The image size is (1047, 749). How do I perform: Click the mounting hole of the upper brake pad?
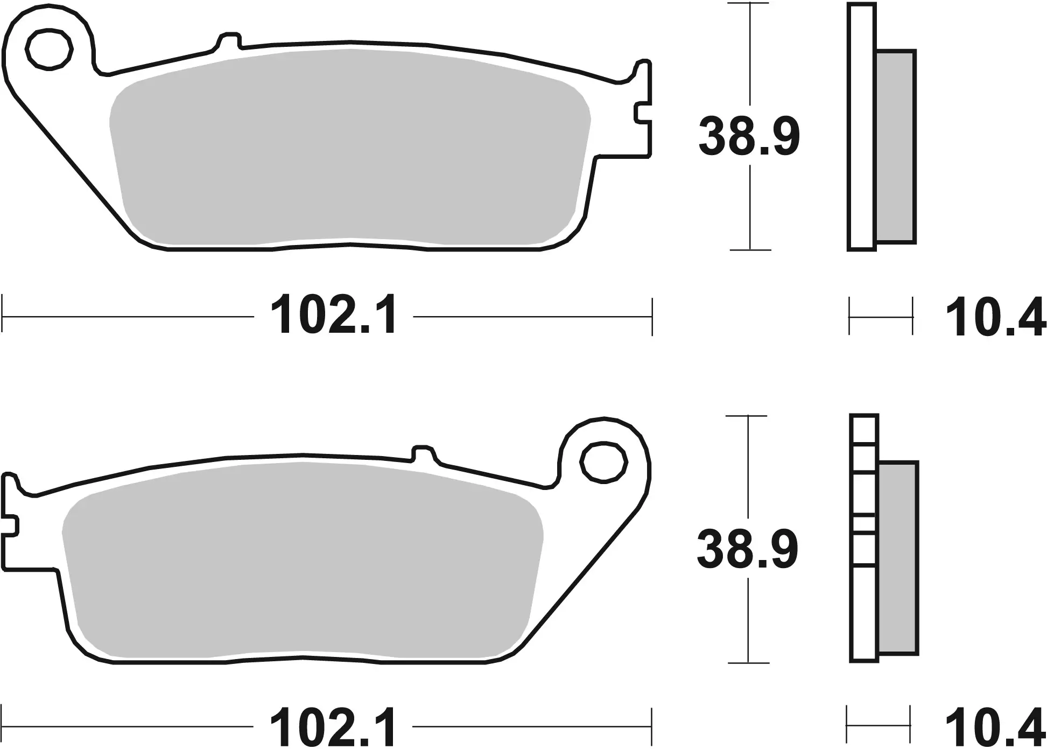[49, 50]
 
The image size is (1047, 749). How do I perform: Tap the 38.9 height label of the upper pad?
[749, 138]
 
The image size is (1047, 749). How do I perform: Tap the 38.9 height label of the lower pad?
[747, 550]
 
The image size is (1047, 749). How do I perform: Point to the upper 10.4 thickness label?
[995, 319]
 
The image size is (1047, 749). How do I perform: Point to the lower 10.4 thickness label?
[995, 729]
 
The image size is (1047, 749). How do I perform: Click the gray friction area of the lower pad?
[301, 560]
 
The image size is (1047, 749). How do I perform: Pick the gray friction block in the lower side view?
[898, 557]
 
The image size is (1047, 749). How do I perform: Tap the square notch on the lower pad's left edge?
[11, 525]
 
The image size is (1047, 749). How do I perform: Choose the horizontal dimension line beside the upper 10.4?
[881, 318]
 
